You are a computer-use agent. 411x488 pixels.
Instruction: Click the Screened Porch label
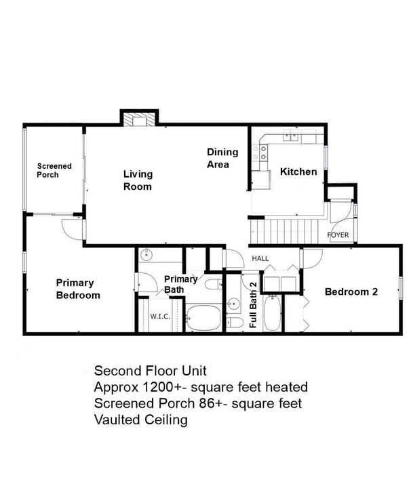pyautogui.click(x=54, y=170)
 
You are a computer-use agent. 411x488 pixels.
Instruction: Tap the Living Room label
pyautogui.click(x=138, y=180)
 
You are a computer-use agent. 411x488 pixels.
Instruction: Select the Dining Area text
pyautogui.click(x=222, y=158)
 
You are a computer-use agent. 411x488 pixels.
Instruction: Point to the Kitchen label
pyautogui.click(x=298, y=171)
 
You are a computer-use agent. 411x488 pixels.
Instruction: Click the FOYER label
pyautogui.click(x=338, y=235)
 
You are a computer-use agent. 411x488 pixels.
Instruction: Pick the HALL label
pyautogui.click(x=260, y=258)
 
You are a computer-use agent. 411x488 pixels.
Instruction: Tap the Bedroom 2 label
pyautogui.click(x=351, y=291)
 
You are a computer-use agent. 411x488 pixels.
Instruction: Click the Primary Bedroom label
pyautogui.click(x=78, y=289)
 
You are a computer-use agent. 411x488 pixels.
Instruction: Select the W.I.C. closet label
pyautogui.click(x=160, y=316)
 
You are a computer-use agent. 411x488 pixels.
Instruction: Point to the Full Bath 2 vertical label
pyautogui.click(x=253, y=305)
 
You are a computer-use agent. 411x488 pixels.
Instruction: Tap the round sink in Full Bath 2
pyautogui.click(x=233, y=302)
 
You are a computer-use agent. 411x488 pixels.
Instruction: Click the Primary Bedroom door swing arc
pyautogui.click(x=71, y=228)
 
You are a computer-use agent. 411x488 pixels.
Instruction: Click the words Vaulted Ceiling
pyautogui.click(x=140, y=420)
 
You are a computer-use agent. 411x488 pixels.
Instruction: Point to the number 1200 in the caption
pyautogui.click(x=156, y=387)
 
